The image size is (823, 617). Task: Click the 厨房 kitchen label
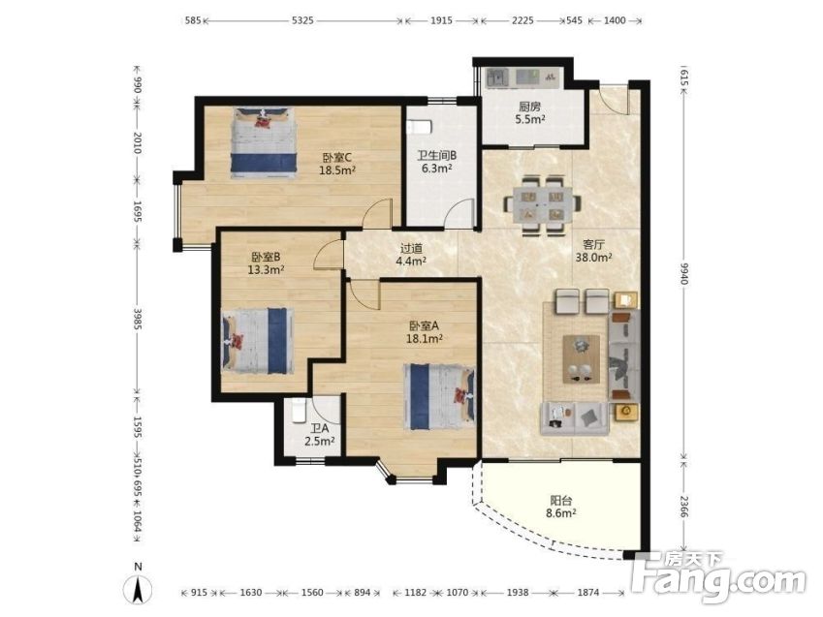tap(529, 107)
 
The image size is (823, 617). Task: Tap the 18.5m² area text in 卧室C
tap(337, 170)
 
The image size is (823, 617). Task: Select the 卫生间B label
tap(436, 156)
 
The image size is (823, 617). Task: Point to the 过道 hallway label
tap(411, 248)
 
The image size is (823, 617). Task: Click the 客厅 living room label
tap(593, 244)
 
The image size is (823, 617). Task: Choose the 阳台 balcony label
tap(560, 501)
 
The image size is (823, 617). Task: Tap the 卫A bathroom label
tap(319, 429)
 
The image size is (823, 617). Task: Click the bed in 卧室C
tap(263, 140)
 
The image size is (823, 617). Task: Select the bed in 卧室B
tap(257, 341)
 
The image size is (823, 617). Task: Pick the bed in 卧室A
tap(439, 398)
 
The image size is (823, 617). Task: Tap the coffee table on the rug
tap(581, 358)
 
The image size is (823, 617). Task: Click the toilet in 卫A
tap(299, 411)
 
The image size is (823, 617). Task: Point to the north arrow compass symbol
tap(138, 585)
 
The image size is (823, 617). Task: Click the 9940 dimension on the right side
tap(683, 273)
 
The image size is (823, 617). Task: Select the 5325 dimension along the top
tap(302, 20)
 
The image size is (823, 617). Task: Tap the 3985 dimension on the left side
tap(138, 319)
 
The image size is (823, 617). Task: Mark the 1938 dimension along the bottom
tap(518, 593)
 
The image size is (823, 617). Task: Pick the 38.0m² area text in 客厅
tap(593, 258)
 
